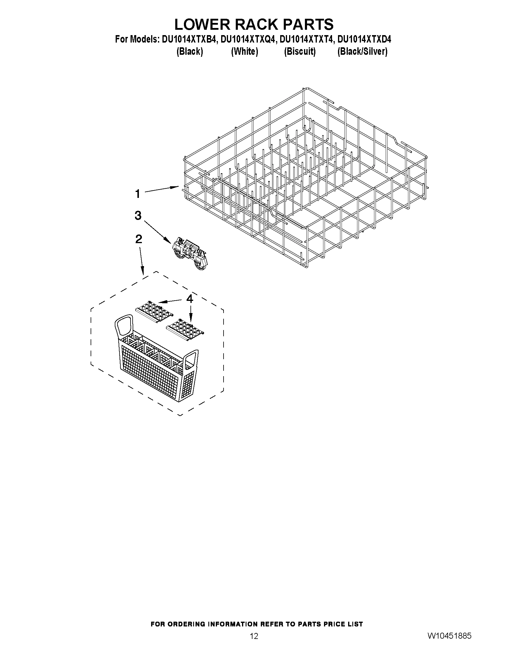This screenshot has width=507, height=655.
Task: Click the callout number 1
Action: point(138,194)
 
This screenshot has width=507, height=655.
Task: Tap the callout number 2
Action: point(139,239)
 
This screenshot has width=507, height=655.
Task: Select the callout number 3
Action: point(138,215)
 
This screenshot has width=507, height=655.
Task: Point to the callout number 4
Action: point(190,299)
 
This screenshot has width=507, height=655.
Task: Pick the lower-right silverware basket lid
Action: point(186,329)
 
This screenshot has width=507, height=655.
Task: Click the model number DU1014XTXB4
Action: point(189,40)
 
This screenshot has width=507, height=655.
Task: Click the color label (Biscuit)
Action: point(300,51)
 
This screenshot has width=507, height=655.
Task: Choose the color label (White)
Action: point(244,51)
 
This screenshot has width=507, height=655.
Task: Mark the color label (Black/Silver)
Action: point(362,51)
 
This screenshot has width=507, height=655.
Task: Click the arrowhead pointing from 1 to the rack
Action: point(176,187)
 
